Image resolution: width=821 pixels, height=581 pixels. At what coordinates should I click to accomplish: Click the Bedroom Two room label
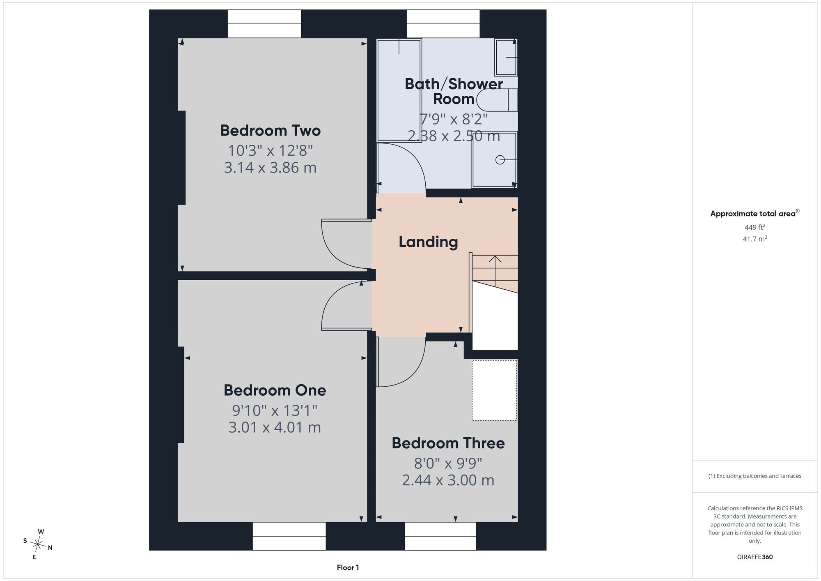coord(270,131)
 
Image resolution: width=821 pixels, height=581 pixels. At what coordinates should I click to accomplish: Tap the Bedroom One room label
coord(275,390)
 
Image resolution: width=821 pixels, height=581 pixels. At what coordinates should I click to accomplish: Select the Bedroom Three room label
coord(448,443)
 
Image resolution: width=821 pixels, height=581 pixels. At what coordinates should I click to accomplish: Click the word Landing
coord(428,242)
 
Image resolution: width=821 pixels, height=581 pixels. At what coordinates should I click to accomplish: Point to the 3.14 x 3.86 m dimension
coord(270,168)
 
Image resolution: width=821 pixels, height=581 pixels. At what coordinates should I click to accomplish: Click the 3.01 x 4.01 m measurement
coord(275,427)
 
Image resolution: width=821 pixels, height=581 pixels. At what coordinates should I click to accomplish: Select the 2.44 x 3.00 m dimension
coord(448,480)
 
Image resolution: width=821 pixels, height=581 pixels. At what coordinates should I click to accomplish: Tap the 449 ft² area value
coord(755,227)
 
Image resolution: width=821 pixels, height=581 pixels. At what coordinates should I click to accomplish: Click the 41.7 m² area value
coord(755,239)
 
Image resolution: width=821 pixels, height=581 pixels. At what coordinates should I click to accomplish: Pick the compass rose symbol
coord(38,545)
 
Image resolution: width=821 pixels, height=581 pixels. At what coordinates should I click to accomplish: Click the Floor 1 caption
coord(348,567)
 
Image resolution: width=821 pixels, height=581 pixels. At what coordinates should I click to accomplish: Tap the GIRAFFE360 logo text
coord(755,557)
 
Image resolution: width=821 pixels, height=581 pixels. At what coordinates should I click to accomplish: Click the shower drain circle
coord(500,160)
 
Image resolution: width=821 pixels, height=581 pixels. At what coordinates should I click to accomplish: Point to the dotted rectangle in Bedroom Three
coord(494,390)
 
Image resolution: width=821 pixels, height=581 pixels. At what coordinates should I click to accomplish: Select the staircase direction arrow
coord(495,271)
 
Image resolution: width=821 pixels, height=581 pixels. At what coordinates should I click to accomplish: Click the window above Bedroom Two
coord(264,24)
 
